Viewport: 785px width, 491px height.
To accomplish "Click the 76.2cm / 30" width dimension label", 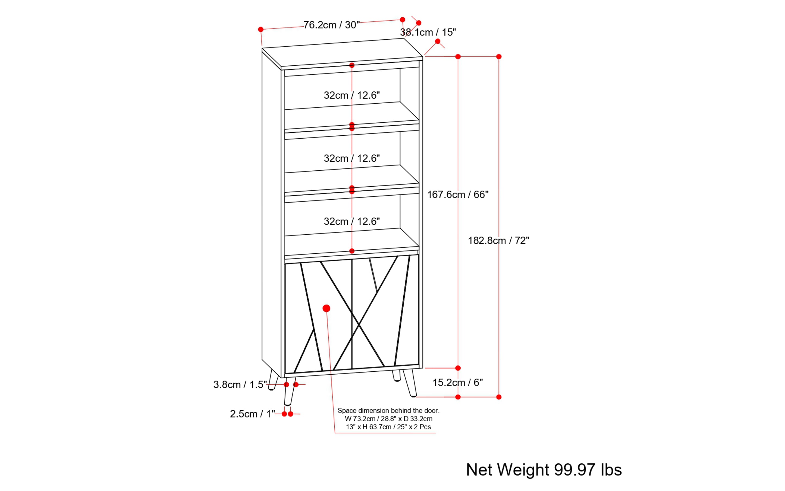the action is [x=331, y=25].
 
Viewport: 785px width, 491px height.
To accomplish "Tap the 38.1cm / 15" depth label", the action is [x=428, y=32].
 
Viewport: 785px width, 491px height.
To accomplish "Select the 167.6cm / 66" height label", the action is [x=457, y=195].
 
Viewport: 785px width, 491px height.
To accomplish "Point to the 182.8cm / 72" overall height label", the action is [x=498, y=241].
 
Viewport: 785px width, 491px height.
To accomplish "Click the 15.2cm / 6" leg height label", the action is [x=457, y=382].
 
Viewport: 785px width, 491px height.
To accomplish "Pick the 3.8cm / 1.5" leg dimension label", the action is [x=240, y=384].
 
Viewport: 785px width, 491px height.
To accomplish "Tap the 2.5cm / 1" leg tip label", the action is [x=252, y=414].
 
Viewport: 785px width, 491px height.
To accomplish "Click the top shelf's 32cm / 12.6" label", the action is [x=351, y=95].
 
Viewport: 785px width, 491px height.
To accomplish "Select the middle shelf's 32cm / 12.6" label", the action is [x=351, y=158].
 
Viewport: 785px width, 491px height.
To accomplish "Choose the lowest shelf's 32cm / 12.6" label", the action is [x=351, y=221].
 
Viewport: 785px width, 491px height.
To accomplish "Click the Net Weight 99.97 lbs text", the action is [x=544, y=470].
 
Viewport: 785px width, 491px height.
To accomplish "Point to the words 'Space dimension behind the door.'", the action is [x=388, y=410].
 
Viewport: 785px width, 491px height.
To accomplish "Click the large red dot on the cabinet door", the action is [x=326, y=308].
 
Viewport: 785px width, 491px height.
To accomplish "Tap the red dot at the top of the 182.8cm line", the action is [x=499, y=56].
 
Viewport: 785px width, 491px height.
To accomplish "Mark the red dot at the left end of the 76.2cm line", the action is [x=260, y=30].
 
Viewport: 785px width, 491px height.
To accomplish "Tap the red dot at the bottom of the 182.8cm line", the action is [x=499, y=397].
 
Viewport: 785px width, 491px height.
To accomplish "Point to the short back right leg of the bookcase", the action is [x=396, y=375].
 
